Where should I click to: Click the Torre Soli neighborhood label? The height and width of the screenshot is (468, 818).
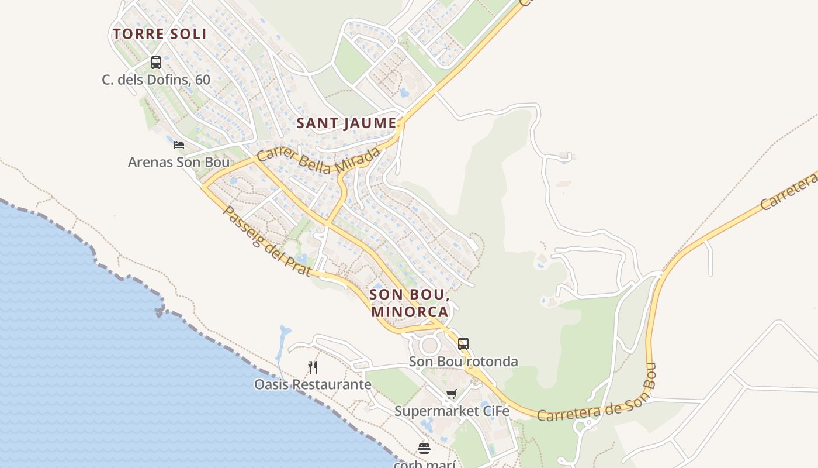160,34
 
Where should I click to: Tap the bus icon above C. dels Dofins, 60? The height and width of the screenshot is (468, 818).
155,62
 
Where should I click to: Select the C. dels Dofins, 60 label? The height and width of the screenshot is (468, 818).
155,80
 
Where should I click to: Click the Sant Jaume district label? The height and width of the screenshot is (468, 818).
346,123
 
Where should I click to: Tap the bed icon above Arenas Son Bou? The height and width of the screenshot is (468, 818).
179,144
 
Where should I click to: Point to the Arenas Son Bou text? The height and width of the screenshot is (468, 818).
179,161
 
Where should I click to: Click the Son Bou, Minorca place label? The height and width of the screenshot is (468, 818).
410,302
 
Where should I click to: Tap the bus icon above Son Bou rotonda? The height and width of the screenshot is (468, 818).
463,344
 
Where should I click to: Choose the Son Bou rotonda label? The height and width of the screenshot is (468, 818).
463,362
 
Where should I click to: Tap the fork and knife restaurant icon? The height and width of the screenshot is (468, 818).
313,367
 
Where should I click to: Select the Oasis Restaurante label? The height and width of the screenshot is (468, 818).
313,384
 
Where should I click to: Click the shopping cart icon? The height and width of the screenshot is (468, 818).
451,394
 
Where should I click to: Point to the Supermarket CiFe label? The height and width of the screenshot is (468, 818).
452,411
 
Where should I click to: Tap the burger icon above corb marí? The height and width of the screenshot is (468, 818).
424,449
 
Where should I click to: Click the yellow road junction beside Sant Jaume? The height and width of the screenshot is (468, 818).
401,125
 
